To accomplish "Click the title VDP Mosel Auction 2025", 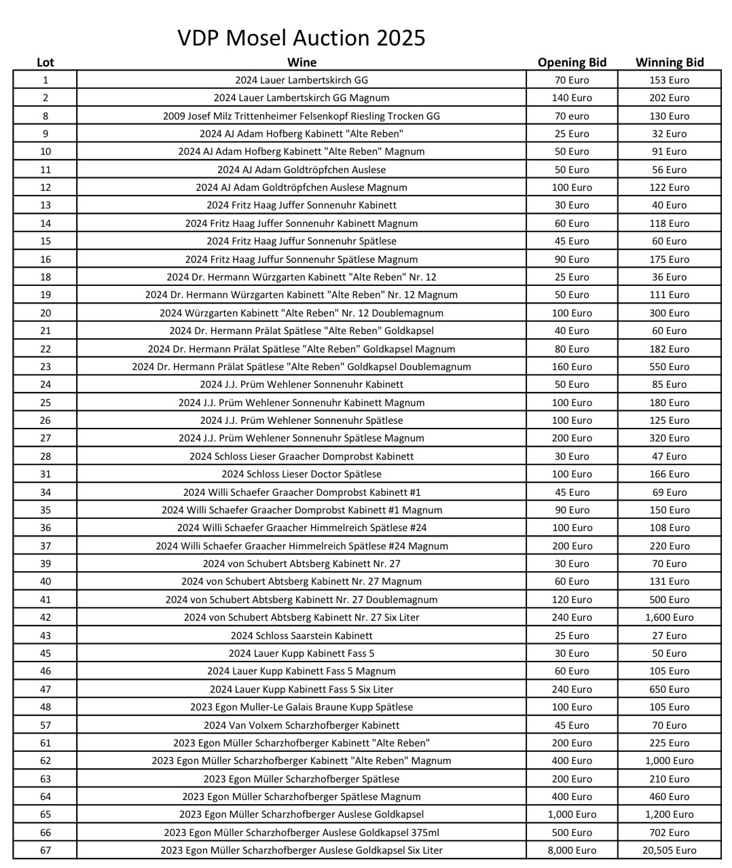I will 301,37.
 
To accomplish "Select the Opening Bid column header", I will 572,62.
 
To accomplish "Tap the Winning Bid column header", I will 669,62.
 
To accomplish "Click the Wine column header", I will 301,62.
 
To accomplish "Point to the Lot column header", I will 45,62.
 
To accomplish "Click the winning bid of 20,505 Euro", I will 669,850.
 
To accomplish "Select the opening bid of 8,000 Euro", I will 572,850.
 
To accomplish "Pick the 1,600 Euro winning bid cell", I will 669,617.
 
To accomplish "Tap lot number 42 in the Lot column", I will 45,617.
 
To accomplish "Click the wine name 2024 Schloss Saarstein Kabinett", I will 301,636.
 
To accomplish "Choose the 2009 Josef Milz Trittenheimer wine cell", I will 301,116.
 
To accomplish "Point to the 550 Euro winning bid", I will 669,367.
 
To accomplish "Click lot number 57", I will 45,725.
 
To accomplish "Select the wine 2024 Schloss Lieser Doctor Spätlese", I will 301,474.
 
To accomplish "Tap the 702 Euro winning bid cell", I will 669,832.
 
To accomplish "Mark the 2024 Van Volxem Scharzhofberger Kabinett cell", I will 301,725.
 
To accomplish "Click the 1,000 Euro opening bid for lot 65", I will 572,814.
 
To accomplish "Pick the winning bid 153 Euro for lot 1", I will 669,80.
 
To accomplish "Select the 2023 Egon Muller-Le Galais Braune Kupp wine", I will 301,707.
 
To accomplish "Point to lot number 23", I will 45,367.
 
